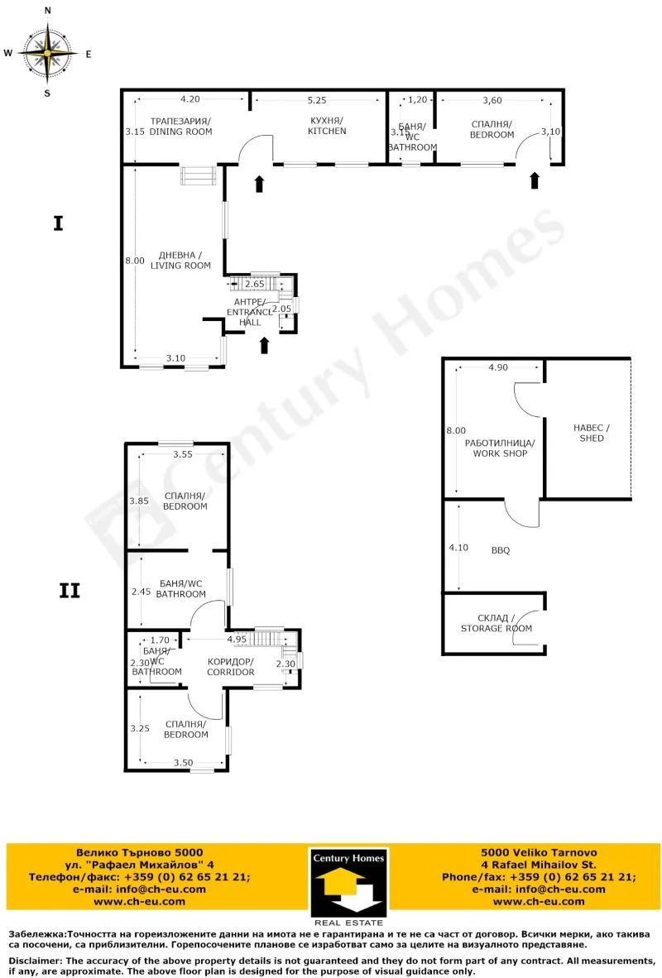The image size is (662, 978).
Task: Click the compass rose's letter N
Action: point(47,11)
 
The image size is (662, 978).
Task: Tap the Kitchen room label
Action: point(326,126)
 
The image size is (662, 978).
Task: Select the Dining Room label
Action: point(180,126)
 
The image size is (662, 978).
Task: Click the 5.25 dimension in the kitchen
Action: point(317,100)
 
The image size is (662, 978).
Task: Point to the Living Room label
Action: point(180,260)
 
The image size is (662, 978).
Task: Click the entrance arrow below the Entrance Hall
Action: point(265,345)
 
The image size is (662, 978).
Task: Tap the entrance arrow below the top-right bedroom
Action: point(535,180)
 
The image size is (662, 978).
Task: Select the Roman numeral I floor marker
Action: point(58,223)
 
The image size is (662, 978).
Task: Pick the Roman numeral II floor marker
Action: point(70,591)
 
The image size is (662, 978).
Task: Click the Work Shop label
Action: point(500,448)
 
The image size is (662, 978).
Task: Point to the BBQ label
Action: point(500,549)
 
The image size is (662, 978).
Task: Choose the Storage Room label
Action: point(496,623)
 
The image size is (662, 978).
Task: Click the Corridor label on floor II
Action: point(231,667)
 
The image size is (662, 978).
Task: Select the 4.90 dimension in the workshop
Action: point(497,367)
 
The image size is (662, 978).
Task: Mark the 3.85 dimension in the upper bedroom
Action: point(137,501)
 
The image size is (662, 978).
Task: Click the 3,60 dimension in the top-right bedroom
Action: point(492,100)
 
